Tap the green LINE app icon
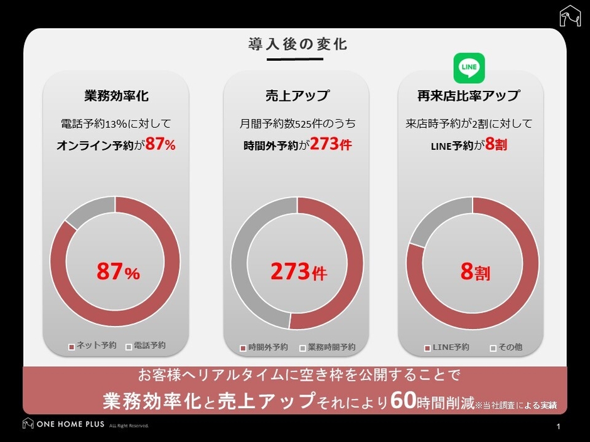469,68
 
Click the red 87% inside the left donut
117,271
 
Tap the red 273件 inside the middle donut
298,271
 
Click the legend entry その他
509,347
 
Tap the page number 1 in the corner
558,427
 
